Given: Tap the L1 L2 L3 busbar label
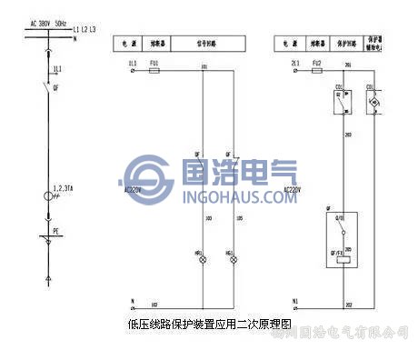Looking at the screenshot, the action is point(85,31).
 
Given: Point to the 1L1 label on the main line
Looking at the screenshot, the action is point(56,69).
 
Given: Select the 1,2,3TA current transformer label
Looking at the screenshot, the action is point(65,186).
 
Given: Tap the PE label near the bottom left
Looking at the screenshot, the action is point(55,232).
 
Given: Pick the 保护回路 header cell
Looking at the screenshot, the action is point(346,43).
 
